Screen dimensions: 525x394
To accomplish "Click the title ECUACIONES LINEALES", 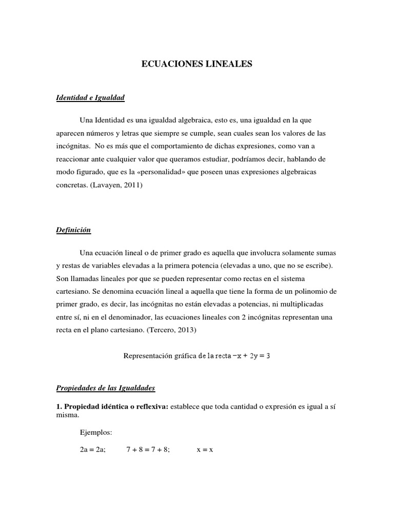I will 197,65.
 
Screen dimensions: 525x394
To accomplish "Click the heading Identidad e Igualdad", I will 90,97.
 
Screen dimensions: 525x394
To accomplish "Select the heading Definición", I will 73,230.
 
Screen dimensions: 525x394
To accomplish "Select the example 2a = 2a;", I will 90,449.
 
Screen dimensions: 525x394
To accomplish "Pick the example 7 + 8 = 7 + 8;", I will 148,449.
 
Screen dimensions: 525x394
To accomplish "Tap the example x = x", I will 205,449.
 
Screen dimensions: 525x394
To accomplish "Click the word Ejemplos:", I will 92,432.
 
